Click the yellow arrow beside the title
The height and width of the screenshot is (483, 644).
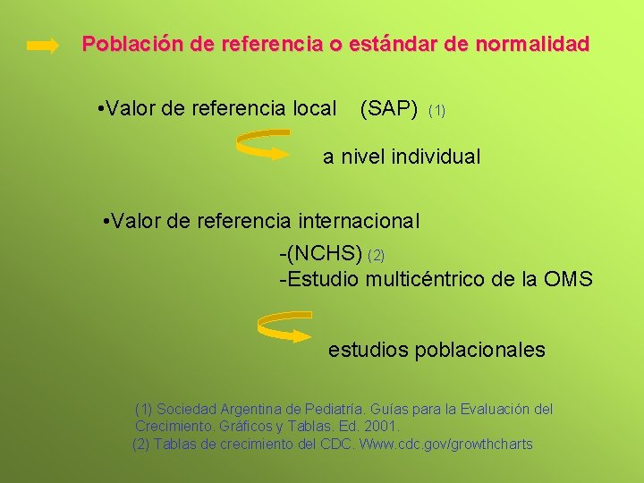(43, 45)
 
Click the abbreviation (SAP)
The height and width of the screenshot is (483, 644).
(388, 109)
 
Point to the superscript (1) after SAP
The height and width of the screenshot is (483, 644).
(437, 111)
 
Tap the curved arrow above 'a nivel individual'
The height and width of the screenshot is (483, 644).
(263, 145)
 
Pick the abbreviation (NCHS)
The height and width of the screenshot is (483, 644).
(320, 254)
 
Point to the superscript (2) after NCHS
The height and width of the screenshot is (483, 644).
(377, 256)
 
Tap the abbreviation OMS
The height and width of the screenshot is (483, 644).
(567, 279)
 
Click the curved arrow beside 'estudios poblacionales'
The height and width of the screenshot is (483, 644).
(284, 327)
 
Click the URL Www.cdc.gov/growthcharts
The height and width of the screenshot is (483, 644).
(445, 444)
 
